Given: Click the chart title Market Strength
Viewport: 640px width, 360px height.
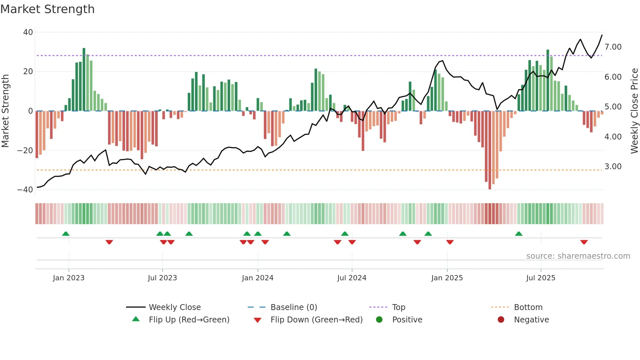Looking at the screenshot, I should click(x=48, y=9).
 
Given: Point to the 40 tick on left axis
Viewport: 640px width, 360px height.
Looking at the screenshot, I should click(x=28, y=32).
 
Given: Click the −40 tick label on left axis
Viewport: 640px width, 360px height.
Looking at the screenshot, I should click(x=25, y=190).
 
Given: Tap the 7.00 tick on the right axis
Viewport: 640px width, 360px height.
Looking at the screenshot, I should click(x=613, y=47).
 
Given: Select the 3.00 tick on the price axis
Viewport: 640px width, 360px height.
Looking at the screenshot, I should click(x=613, y=167).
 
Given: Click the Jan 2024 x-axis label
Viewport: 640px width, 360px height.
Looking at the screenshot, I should click(x=258, y=278).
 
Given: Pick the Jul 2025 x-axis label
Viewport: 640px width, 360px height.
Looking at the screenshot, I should click(x=541, y=278).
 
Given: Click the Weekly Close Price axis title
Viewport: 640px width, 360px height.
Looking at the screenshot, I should click(x=634, y=111).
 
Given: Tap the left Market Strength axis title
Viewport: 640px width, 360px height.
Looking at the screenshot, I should click(x=5, y=111).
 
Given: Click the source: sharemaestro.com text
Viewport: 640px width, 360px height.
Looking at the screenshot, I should click(x=578, y=256).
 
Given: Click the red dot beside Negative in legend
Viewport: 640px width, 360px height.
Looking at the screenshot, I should click(x=501, y=319).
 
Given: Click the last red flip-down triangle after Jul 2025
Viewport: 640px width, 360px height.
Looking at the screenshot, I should click(x=584, y=242).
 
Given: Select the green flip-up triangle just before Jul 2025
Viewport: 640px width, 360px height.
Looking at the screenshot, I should click(x=519, y=234).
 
